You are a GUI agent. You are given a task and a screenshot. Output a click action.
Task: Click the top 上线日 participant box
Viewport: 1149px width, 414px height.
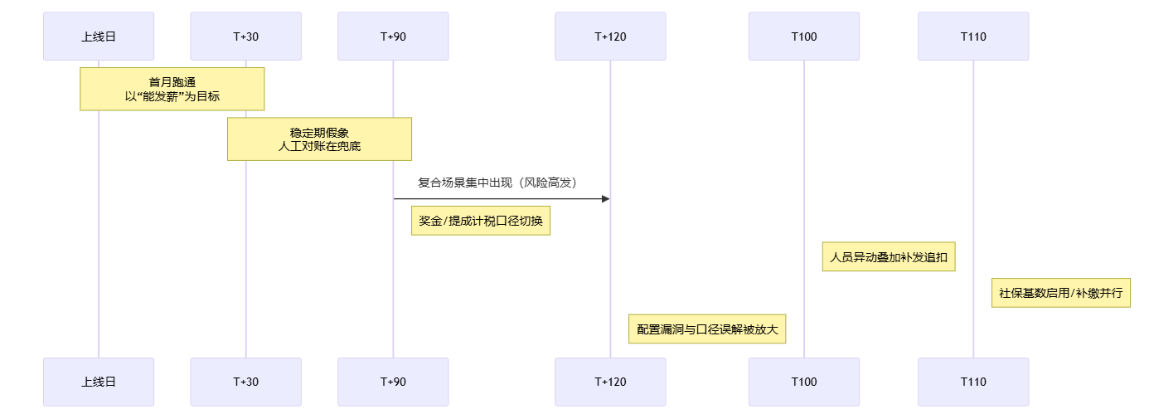(x=99, y=37)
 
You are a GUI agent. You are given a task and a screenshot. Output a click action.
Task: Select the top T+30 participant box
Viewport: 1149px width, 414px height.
(x=245, y=37)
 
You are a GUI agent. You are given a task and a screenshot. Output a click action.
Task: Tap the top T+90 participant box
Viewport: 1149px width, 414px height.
(x=393, y=37)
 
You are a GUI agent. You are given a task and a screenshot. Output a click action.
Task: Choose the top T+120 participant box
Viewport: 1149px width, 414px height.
(x=610, y=37)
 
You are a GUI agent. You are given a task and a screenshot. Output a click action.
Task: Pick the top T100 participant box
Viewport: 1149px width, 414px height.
(x=803, y=37)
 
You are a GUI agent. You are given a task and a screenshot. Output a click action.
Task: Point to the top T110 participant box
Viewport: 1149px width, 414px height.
(x=973, y=37)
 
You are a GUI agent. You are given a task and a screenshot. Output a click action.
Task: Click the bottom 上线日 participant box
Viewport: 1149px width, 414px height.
(x=99, y=382)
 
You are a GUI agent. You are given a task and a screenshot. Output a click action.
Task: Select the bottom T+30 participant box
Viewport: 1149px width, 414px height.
(x=245, y=382)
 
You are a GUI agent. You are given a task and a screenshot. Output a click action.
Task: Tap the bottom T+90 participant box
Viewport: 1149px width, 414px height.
(x=393, y=382)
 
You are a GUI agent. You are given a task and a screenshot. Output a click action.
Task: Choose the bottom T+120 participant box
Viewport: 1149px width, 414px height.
(x=610, y=382)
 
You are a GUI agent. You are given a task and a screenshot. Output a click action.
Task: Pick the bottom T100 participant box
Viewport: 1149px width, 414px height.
(x=803, y=382)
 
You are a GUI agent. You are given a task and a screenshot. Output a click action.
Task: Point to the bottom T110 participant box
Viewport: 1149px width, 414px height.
(x=973, y=382)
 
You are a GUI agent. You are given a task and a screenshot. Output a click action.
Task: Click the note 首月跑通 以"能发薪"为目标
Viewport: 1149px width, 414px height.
(x=172, y=89)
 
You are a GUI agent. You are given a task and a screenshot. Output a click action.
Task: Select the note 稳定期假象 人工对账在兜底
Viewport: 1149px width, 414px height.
(x=319, y=139)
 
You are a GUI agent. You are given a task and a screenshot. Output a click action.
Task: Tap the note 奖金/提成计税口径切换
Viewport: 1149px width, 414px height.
(x=481, y=222)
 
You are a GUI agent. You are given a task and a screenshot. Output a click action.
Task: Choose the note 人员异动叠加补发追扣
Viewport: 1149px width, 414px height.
(x=890, y=257)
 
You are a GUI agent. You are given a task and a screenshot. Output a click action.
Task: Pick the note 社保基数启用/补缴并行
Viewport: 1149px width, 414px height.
(x=1061, y=293)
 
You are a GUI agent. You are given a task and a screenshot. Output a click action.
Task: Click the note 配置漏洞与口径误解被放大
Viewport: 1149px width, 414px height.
(x=707, y=329)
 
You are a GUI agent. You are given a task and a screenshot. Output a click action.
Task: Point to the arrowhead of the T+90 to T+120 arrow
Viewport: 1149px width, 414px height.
(x=605, y=199)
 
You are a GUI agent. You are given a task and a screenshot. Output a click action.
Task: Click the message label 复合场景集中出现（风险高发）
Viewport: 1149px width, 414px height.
(x=497, y=183)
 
